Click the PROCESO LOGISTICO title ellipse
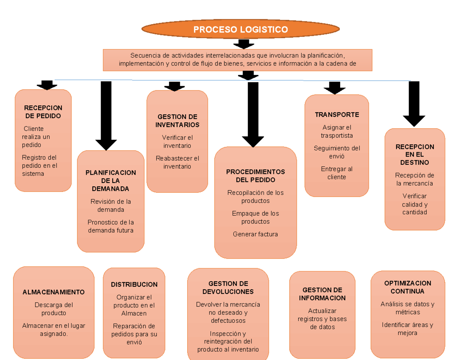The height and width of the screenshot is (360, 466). (241, 30)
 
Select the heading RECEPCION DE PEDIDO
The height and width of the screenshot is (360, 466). (43, 112)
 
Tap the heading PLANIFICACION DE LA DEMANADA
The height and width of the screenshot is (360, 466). (111, 181)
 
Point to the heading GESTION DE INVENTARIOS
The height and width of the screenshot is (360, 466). (177, 121)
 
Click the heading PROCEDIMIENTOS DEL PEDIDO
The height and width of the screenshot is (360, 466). (256, 176)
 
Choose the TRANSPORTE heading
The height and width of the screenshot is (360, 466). (337, 115)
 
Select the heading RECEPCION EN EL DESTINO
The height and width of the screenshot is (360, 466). (415, 155)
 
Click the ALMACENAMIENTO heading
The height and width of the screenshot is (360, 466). (54, 292)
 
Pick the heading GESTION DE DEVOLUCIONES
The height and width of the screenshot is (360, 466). (228, 287)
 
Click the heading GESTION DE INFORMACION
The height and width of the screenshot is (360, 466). (322, 294)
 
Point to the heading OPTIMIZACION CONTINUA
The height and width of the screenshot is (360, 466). (407, 287)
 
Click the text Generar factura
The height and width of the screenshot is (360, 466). (256, 234)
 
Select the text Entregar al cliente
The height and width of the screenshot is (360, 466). (337, 173)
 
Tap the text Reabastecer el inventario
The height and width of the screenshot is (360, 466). (177, 162)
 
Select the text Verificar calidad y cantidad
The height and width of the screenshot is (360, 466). (415, 204)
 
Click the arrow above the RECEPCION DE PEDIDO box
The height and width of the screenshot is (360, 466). (47, 85)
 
